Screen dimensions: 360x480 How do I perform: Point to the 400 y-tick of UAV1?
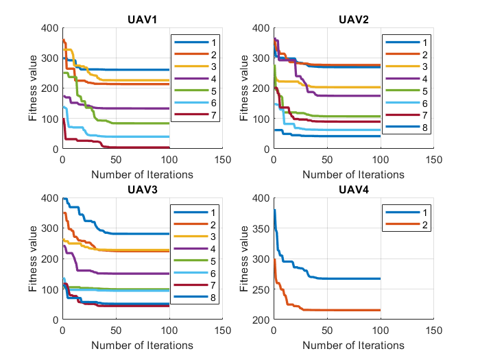click(x=48, y=28)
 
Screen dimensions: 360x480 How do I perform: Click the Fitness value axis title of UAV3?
click(x=34, y=259)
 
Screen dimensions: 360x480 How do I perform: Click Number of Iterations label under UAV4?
click(x=353, y=345)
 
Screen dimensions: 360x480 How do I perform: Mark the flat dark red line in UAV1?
click(x=137, y=147)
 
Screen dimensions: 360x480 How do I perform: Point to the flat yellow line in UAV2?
click(x=343, y=87)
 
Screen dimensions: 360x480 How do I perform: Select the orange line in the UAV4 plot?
click(x=343, y=310)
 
